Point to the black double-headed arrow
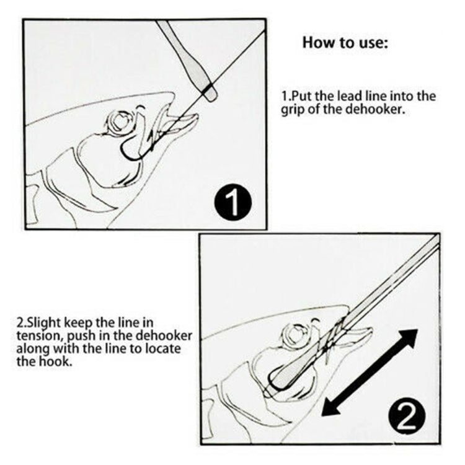click(x=370, y=372)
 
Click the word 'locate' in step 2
click(x=164, y=349)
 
